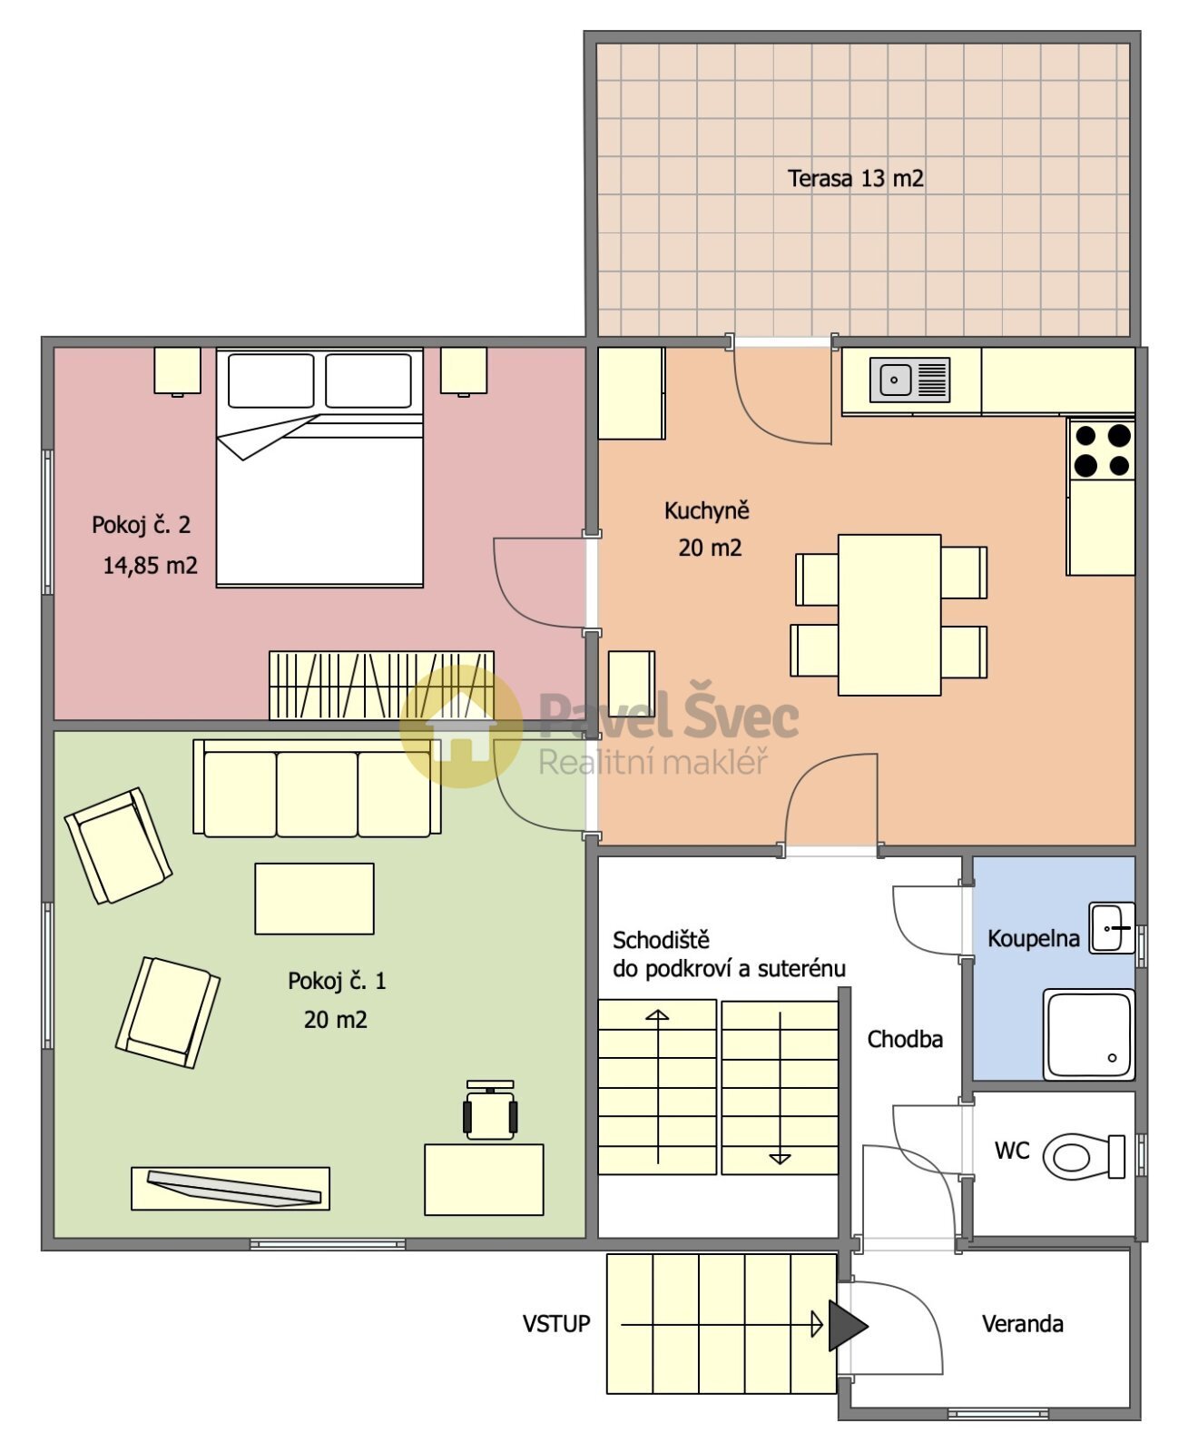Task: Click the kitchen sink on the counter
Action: pos(909,380)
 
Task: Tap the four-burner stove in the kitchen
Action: pos(1102,450)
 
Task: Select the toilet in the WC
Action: pos(1084,1156)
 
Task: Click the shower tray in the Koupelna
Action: pos(1089,1033)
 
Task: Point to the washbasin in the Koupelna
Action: pos(1112,927)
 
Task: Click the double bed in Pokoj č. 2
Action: pos(319,468)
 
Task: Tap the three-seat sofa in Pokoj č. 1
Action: pos(317,788)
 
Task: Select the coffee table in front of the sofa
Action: pos(314,898)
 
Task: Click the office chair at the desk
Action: pos(490,1111)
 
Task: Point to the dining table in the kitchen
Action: pos(889,615)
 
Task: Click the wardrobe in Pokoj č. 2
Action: pos(381,685)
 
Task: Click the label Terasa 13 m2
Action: pos(855,178)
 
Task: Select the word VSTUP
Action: pos(555,1324)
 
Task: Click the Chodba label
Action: pos(905,1039)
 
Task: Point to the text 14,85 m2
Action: pos(150,566)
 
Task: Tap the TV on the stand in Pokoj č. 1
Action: pos(234,1189)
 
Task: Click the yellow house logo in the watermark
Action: pos(461,726)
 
